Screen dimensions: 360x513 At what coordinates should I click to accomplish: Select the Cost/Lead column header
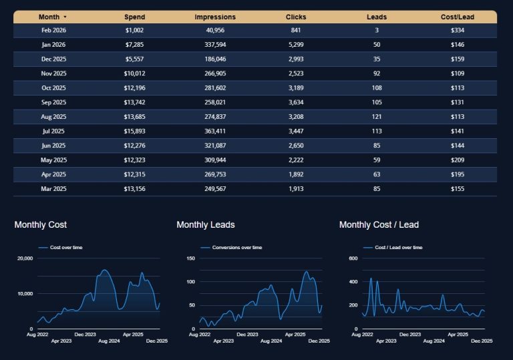(x=458, y=17)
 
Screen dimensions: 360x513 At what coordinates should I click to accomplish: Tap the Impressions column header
(x=214, y=17)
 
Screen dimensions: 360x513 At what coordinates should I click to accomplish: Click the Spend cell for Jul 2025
(x=134, y=132)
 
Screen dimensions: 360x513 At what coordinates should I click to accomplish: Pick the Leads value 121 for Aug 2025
(x=377, y=117)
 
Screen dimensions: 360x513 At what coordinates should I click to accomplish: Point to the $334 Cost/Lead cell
(x=458, y=31)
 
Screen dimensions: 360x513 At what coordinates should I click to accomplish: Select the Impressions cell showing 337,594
(x=214, y=45)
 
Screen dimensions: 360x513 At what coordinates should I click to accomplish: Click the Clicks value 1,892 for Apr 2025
(x=296, y=175)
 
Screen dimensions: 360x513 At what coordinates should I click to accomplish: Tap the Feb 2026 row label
(x=53, y=31)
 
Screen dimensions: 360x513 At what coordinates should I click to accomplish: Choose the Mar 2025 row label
(x=53, y=189)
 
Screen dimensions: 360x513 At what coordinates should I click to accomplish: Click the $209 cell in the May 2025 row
(x=458, y=160)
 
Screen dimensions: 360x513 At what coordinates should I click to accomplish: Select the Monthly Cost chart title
(x=40, y=225)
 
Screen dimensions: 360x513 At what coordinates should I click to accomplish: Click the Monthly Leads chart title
(x=205, y=225)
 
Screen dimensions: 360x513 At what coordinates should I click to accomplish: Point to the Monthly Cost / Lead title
(x=379, y=225)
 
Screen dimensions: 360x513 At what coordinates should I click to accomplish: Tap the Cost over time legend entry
(x=65, y=247)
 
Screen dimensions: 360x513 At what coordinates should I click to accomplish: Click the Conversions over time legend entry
(x=236, y=247)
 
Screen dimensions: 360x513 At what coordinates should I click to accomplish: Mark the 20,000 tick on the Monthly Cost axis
(x=25, y=258)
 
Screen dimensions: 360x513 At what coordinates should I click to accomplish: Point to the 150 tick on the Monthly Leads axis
(x=190, y=258)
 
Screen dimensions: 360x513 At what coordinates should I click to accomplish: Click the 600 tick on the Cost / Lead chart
(x=354, y=258)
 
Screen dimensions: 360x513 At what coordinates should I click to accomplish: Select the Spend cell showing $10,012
(x=134, y=73)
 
